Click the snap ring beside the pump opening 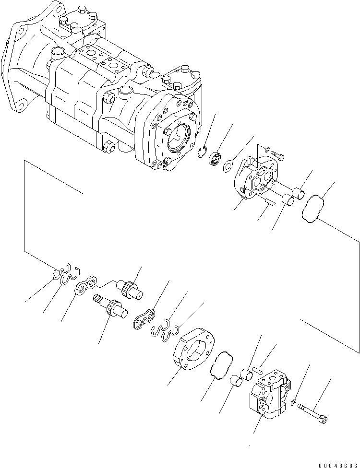click(204, 153)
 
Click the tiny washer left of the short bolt click(267, 149)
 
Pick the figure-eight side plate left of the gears click(86, 287)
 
